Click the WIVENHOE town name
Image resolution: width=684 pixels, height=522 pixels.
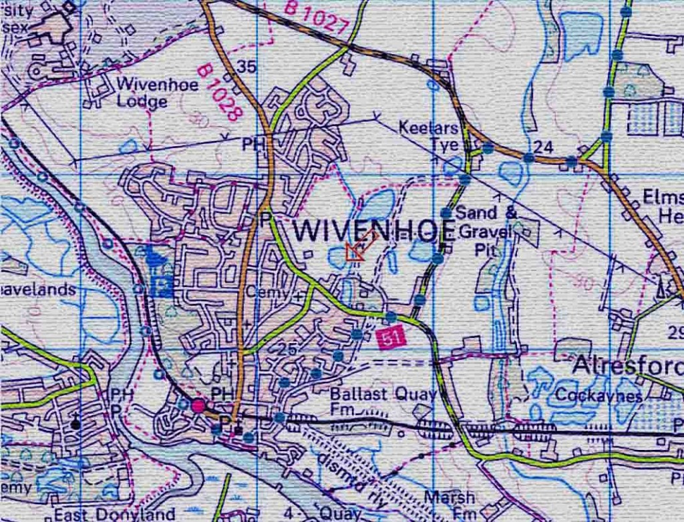point(374,230)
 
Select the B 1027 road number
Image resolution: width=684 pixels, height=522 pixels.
point(317,17)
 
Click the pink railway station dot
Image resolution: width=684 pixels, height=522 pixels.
point(198,405)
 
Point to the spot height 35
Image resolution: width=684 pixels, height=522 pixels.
point(246,66)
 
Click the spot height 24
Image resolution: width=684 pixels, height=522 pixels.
point(544,146)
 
